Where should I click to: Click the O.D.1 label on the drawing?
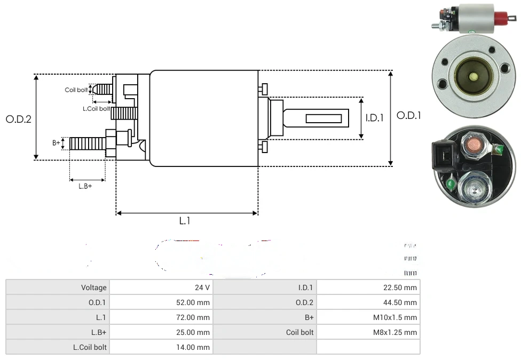(x=409, y=115)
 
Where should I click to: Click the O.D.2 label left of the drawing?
(x=19, y=119)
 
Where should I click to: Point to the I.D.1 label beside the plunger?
(x=374, y=118)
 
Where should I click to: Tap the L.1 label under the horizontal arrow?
(x=184, y=221)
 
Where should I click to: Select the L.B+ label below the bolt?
(x=85, y=186)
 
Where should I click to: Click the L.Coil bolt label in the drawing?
(x=97, y=108)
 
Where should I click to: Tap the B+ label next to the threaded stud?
(x=56, y=143)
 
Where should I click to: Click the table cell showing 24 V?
(x=161, y=287)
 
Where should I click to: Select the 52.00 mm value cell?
(x=161, y=302)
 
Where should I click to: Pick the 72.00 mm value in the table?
(x=161, y=317)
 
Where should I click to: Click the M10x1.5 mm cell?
(x=368, y=317)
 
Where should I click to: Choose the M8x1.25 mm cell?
(x=368, y=332)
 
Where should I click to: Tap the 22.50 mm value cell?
(x=368, y=287)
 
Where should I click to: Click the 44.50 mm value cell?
(x=368, y=302)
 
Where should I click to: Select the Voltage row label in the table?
(x=58, y=287)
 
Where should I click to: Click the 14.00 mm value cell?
(x=161, y=347)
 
